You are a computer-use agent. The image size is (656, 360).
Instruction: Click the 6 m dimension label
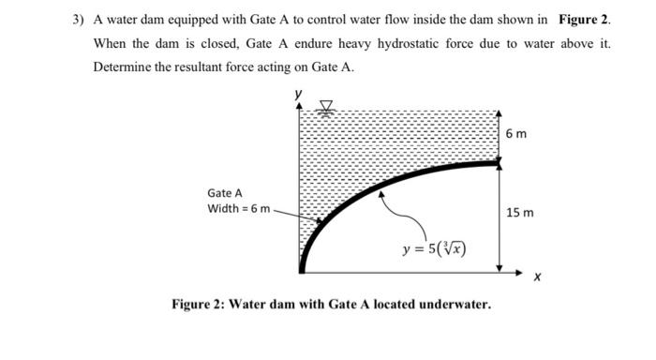point(515,134)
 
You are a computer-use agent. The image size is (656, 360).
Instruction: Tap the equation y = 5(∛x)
point(434,249)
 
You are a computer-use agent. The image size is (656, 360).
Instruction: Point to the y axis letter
point(299,93)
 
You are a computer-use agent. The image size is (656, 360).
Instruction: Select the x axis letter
point(536,277)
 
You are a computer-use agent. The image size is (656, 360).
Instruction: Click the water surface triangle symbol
point(327,106)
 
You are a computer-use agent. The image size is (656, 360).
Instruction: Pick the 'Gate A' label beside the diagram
point(225,192)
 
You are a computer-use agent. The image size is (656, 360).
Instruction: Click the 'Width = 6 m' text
point(239,208)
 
